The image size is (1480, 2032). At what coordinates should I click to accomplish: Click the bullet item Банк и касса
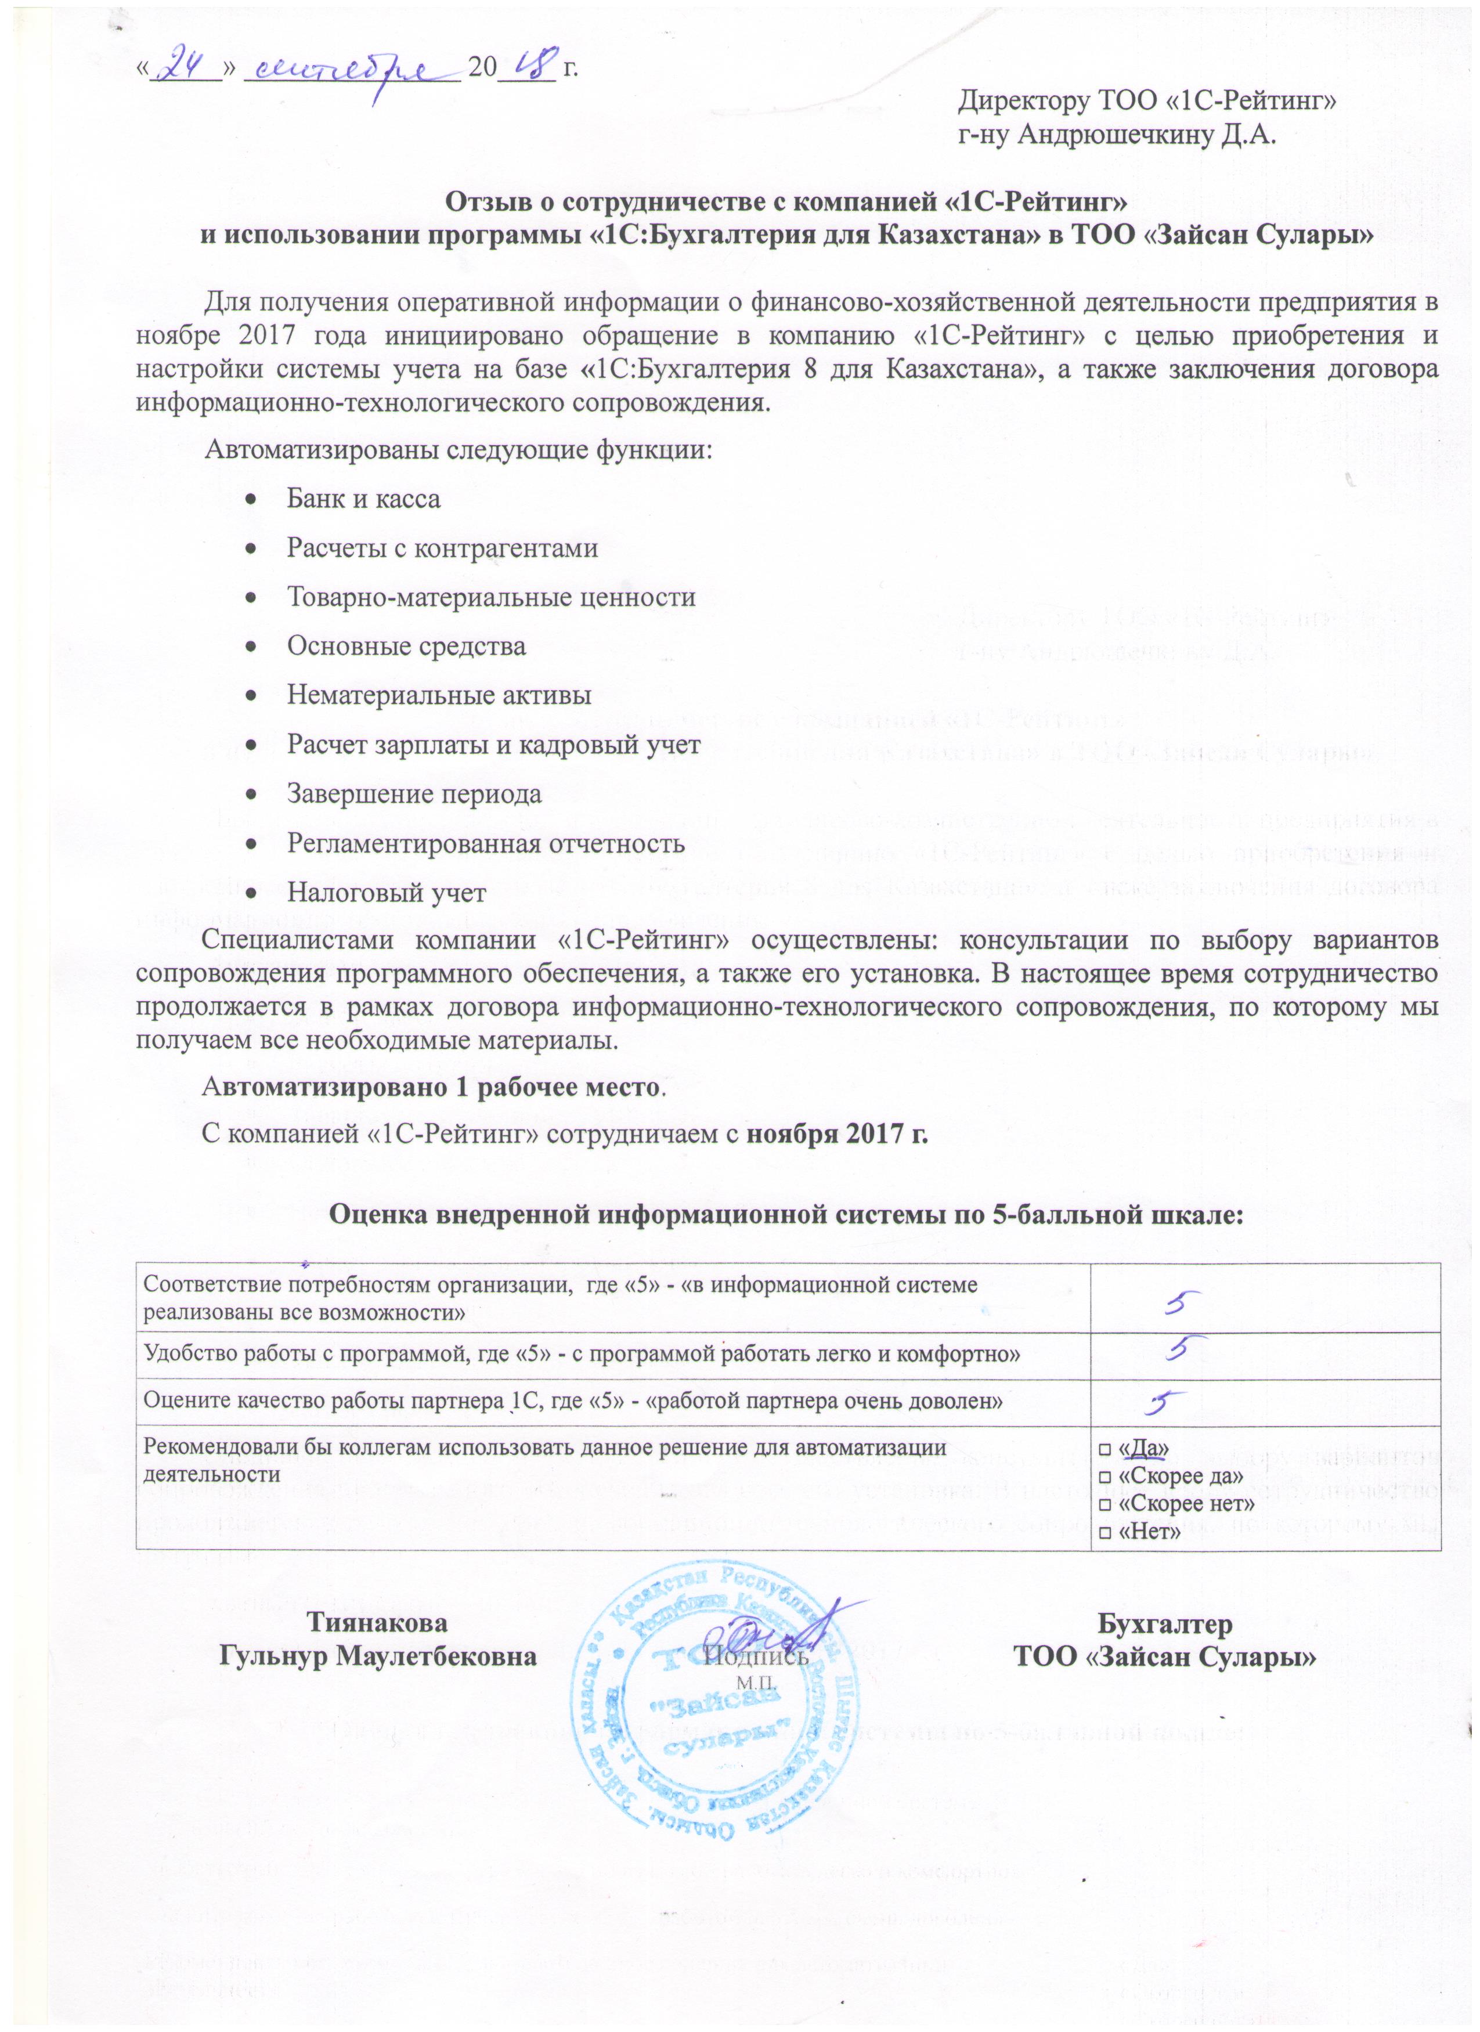[x=363, y=499]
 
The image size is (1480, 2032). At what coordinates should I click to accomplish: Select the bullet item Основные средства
[x=406, y=646]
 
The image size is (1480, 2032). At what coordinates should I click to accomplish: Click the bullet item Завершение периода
[x=414, y=794]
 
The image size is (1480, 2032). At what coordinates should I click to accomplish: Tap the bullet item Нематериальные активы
[x=438, y=695]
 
